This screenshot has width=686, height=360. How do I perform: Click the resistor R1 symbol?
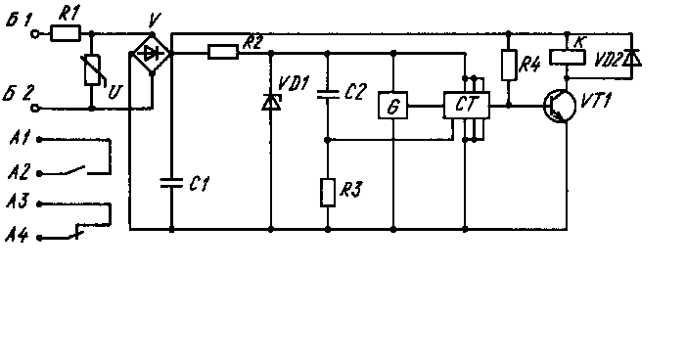[x=66, y=33]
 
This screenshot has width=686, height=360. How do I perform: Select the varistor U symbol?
[x=93, y=70]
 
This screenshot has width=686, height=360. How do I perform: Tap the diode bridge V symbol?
[x=152, y=54]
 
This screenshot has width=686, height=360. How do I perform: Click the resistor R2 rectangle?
[x=223, y=53]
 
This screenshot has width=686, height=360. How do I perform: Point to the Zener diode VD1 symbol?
[x=271, y=103]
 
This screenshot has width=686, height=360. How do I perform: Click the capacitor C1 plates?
[x=171, y=183]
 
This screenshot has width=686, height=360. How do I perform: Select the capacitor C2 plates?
[x=328, y=94]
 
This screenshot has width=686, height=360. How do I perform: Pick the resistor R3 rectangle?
[x=328, y=192]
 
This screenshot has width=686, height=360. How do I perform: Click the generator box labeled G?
[x=392, y=106]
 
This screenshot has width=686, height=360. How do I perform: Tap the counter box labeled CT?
[x=467, y=105]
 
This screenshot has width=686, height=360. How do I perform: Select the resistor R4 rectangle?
[x=508, y=66]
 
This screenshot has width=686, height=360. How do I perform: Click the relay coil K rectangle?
[x=567, y=58]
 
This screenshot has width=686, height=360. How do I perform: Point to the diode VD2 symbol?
[x=632, y=58]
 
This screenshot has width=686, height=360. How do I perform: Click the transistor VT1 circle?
[x=560, y=107]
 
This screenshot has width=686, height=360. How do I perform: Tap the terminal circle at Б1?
[x=35, y=33]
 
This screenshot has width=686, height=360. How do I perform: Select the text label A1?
[x=20, y=139]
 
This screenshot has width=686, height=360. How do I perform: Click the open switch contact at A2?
[x=75, y=169]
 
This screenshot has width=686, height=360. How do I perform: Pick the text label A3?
[x=18, y=202]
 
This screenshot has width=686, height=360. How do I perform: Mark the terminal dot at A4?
[x=39, y=238]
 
